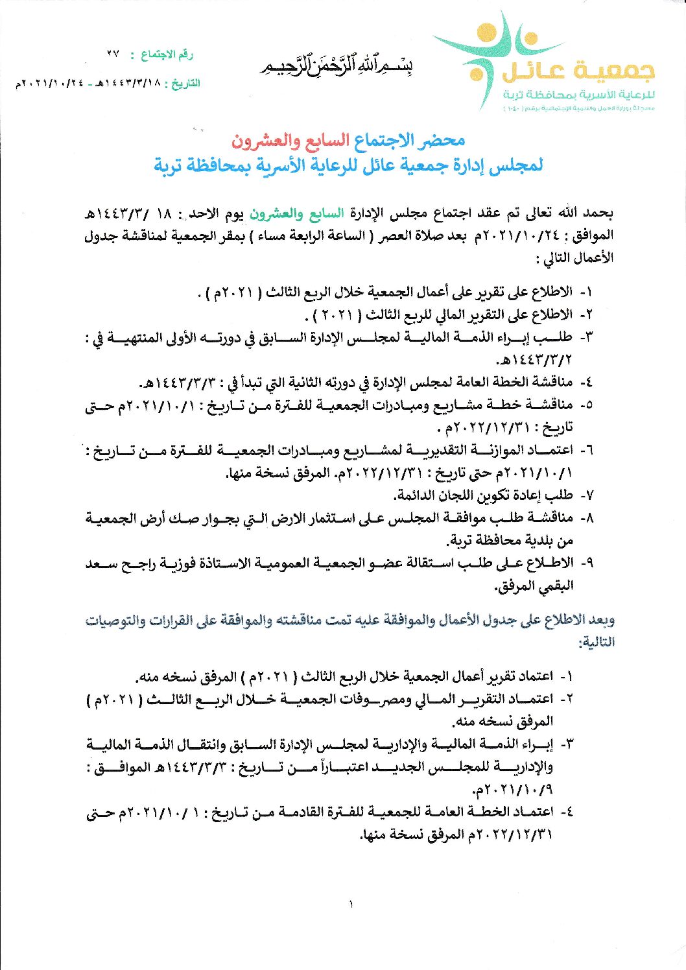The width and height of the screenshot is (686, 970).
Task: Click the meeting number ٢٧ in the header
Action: click(114, 54)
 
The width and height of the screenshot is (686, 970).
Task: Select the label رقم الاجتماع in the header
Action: click(167, 54)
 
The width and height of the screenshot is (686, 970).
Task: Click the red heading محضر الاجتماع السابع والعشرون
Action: click(348, 140)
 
